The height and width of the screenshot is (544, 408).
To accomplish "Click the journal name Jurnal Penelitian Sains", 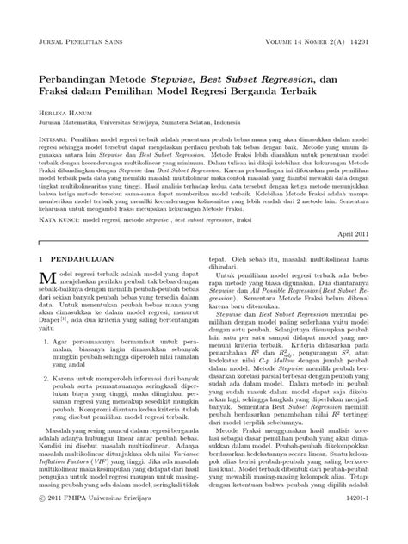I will click(x=83, y=42).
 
